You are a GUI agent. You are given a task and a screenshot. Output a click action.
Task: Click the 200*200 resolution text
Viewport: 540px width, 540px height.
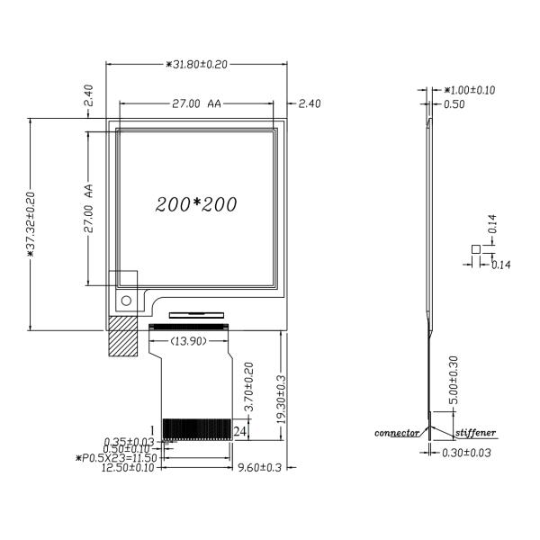tap(196, 204)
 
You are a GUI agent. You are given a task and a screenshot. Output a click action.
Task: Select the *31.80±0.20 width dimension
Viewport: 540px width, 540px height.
tap(196, 65)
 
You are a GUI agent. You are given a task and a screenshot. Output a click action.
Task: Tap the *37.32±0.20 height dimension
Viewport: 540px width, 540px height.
tap(31, 224)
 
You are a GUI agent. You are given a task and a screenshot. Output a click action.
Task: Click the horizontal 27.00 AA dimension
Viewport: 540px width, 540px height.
tap(196, 103)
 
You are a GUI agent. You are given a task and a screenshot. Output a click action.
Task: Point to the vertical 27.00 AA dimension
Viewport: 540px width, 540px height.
tap(88, 209)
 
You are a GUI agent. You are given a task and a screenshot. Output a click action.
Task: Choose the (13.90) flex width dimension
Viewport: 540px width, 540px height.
tap(189, 341)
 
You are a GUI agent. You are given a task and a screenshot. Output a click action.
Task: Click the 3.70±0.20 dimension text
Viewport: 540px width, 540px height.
tap(248, 386)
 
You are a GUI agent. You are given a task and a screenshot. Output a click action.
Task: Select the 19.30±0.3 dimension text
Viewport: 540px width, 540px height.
tap(282, 400)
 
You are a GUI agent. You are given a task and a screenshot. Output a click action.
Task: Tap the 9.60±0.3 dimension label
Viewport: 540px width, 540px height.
tap(260, 467)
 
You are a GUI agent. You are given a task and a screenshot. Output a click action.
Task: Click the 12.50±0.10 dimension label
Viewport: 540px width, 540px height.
tap(128, 467)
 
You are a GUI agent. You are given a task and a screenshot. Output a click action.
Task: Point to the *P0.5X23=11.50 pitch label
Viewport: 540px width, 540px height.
tap(116, 458)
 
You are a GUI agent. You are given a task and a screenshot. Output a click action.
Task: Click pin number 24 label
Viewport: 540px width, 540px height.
tap(240, 431)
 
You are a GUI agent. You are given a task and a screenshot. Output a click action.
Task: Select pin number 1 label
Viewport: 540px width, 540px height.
tap(153, 430)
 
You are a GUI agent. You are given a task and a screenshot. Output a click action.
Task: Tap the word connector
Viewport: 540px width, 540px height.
tap(397, 433)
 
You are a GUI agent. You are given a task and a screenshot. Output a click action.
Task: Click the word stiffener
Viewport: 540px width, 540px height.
tap(475, 433)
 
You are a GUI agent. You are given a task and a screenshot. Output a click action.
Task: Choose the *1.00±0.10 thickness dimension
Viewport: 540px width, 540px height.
tap(470, 90)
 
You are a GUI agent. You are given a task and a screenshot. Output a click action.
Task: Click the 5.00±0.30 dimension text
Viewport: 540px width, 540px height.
tap(454, 380)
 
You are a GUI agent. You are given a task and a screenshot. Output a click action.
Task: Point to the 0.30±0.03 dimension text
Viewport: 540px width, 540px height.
tap(466, 453)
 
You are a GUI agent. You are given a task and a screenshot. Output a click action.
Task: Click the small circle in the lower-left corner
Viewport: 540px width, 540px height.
tap(126, 301)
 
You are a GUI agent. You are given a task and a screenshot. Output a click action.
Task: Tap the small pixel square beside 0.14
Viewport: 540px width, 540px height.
tap(475, 249)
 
